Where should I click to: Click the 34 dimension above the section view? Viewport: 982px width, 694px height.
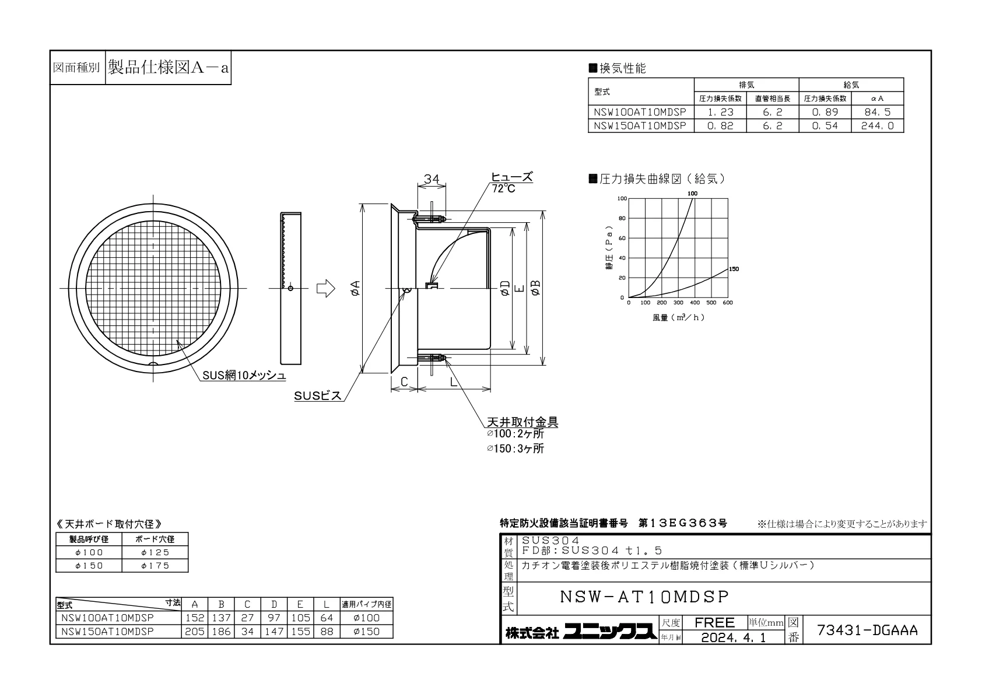click(x=432, y=179)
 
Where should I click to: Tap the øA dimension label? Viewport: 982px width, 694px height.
click(x=356, y=288)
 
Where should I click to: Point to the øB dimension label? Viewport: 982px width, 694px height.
click(x=535, y=288)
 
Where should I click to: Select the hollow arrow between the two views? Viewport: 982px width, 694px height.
click(x=326, y=288)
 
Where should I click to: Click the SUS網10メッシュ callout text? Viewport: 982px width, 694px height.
click(x=244, y=375)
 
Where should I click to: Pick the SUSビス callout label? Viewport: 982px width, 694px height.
click(x=317, y=396)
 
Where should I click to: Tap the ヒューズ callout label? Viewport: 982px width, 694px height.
click(x=511, y=177)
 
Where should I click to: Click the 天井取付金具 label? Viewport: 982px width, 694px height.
click(x=522, y=422)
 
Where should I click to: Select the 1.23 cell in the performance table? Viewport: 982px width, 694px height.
click(x=720, y=112)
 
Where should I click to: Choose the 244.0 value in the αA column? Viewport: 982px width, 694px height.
click(x=877, y=126)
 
